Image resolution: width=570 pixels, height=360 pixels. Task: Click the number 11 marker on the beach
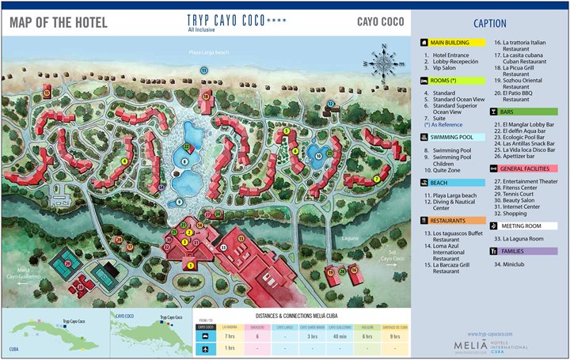pos(203,70)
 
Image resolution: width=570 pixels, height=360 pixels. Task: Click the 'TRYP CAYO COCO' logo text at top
pos(226,20)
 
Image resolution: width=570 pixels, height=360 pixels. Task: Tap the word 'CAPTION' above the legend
pos(490,23)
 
